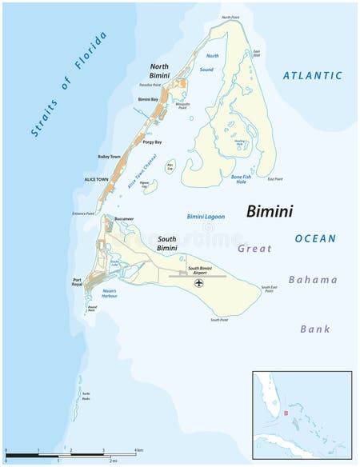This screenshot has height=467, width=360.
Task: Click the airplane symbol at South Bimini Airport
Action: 199,283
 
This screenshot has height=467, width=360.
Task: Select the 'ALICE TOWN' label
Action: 95,180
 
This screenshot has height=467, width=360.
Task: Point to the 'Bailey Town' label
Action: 109,157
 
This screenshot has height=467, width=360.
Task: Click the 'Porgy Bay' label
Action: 152,142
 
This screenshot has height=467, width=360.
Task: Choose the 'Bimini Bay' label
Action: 148,99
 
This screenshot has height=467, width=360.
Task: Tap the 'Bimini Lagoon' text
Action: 206,217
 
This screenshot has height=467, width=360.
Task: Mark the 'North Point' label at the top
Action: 230,17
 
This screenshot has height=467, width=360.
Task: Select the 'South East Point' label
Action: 270,289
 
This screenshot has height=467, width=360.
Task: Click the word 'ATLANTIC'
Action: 312,76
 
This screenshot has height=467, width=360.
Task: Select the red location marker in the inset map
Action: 284,414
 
